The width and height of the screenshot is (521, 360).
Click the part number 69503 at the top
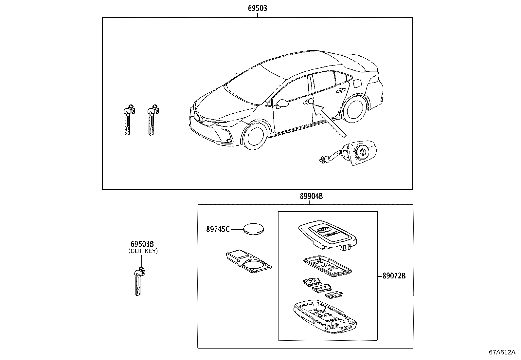pos(257,8)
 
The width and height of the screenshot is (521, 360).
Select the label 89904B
pos(311,196)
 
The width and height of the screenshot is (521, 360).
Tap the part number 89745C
pos(218,229)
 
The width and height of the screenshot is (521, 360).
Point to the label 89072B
pos(394,276)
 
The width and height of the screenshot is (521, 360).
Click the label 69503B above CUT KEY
pos(142,244)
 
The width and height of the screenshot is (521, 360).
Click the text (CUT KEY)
pos(142,251)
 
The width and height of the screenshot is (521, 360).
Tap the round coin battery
pos(254,228)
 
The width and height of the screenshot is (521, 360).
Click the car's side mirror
pos(282,104)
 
